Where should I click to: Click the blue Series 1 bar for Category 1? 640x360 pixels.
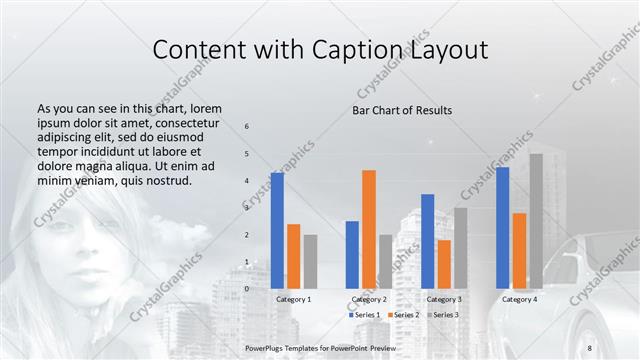coord(277,230)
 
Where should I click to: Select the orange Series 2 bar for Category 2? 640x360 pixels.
coord(369,229)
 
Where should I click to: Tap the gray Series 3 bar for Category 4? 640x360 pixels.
coord(536,221)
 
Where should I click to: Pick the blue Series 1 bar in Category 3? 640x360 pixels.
coord(428,241)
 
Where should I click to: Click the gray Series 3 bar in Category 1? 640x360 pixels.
coord(310,261)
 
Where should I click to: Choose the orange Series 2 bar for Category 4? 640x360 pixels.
coord(519,250)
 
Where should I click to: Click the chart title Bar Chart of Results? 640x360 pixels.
coord(402,110)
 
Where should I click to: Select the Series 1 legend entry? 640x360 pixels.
coord(363,315)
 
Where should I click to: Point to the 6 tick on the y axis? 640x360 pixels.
coord(247,127)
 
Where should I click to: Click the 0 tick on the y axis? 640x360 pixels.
coord(247,289)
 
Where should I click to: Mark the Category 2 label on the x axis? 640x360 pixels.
coord(369,299)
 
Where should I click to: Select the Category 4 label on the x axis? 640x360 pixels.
coord(519,299)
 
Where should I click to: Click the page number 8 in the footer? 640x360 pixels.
coord(590,347)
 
